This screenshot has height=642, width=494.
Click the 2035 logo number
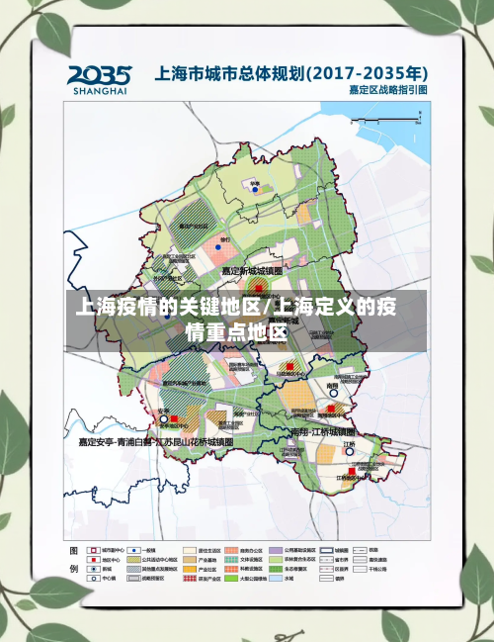99,74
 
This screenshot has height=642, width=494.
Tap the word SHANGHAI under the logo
100,90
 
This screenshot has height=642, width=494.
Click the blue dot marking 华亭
254,190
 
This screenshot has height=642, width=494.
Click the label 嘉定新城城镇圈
251,270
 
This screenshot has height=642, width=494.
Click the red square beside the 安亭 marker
175,419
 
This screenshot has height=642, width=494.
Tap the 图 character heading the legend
73,550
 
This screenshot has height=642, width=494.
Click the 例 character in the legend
73,571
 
